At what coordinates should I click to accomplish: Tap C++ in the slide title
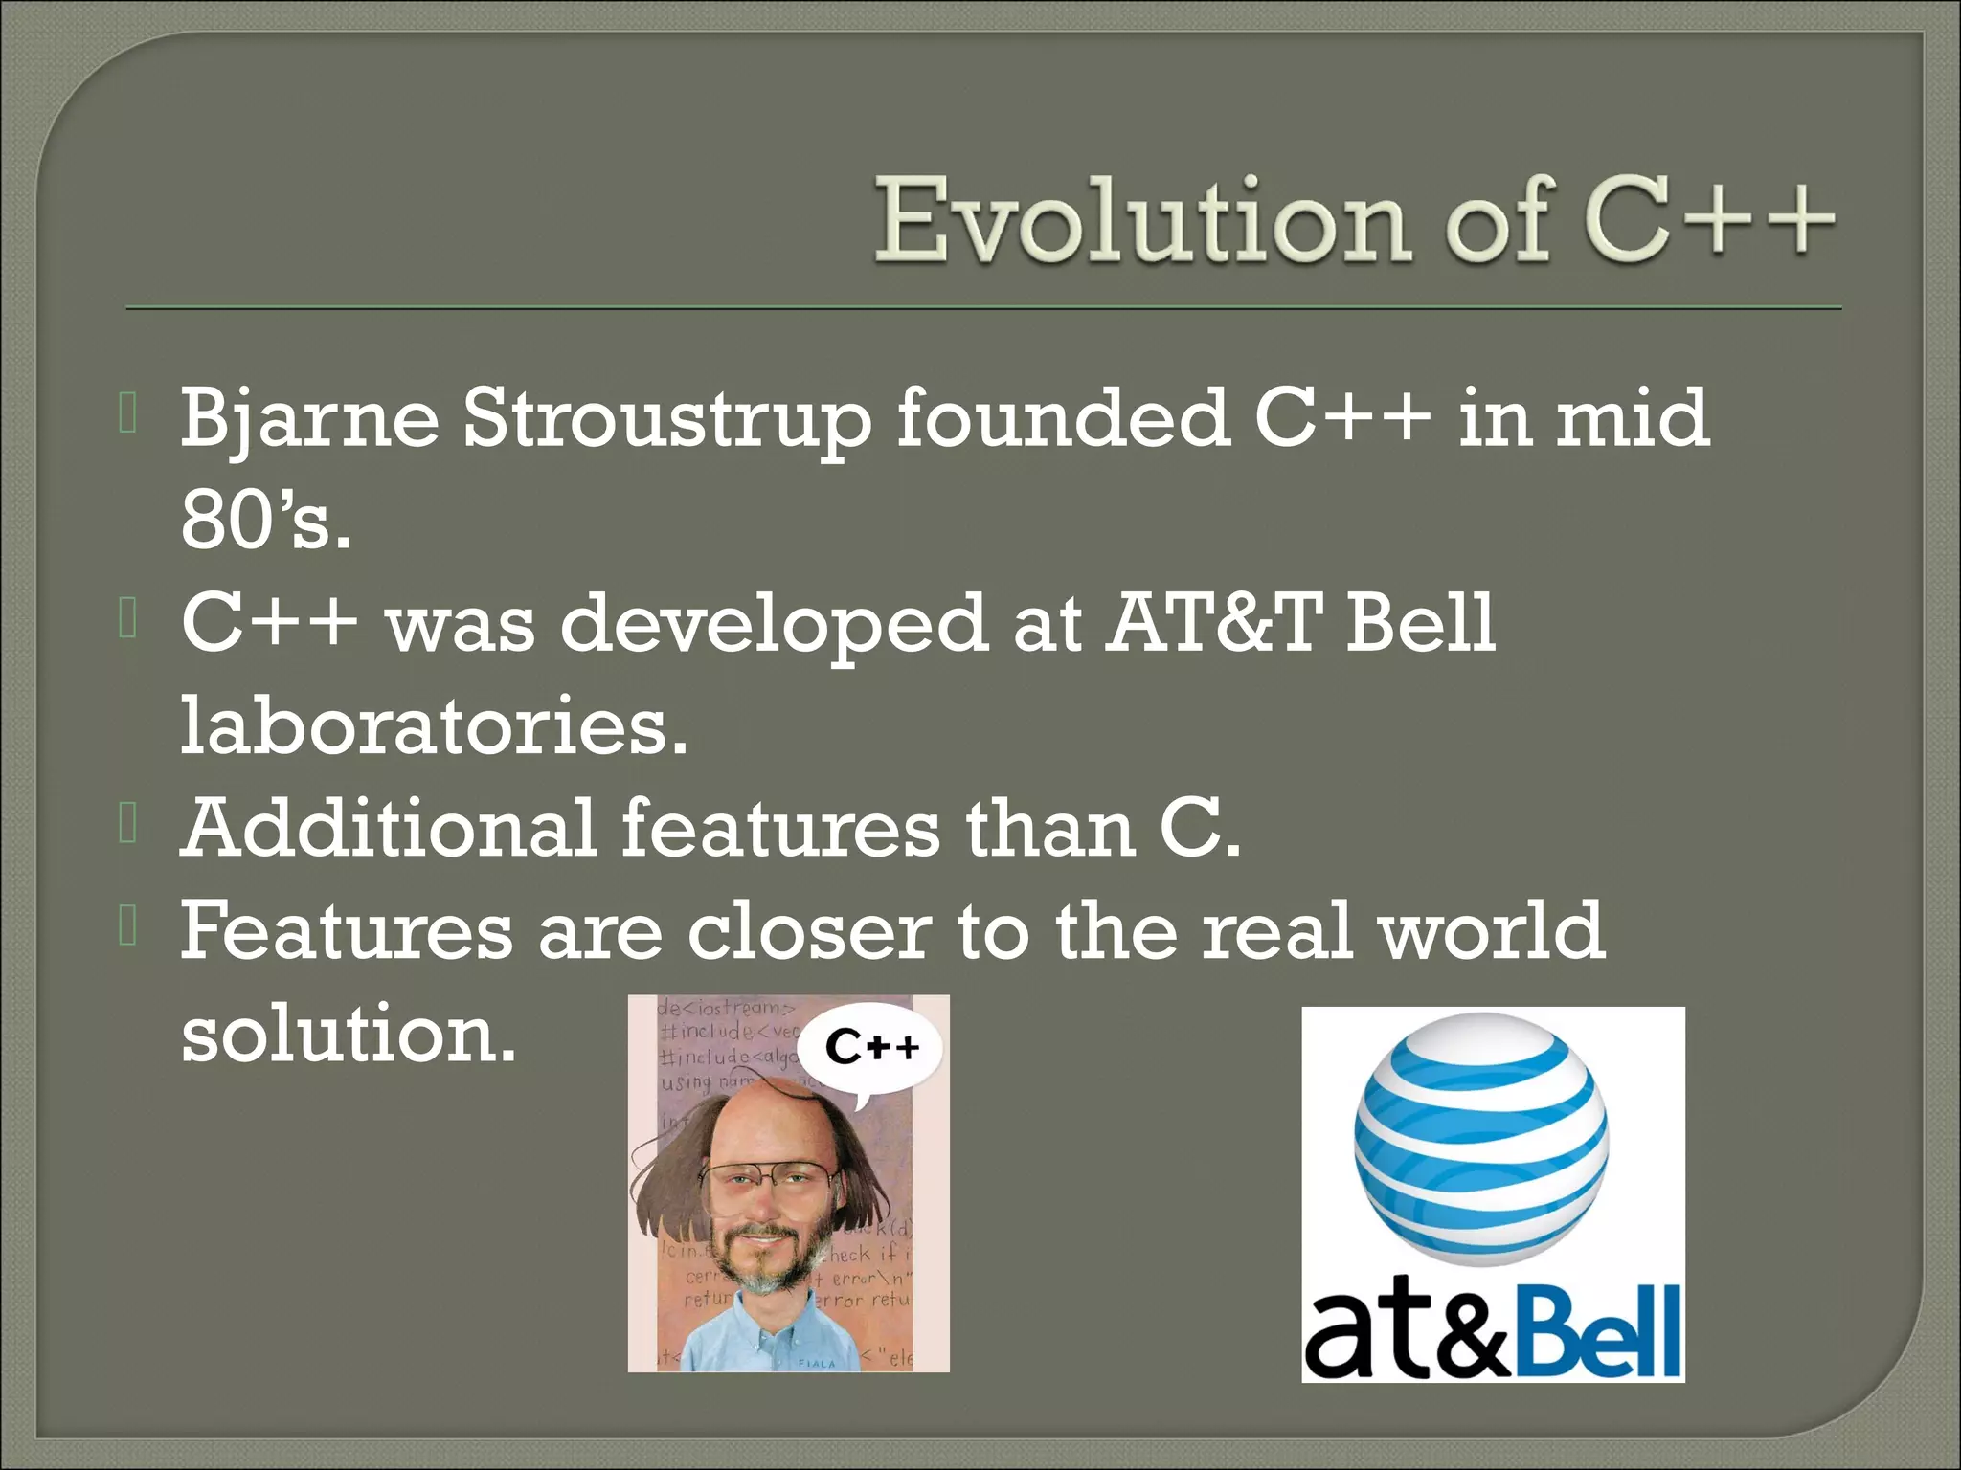tap(1710, 220)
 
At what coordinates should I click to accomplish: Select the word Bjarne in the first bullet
tap(308, 419)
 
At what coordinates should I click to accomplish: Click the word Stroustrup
tap(667, 419)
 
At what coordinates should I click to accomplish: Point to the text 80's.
tap(264, 522)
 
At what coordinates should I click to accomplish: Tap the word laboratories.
tap(433, 725)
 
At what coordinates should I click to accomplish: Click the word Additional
tap(389, 828)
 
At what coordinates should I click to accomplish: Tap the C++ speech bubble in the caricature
tap(871, 1048)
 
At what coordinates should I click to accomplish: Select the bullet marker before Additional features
tap(128, 825)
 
